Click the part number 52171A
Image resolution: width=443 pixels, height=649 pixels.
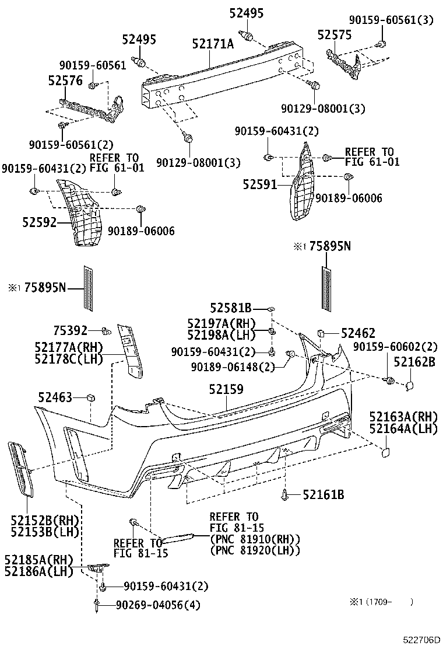coord(213,43)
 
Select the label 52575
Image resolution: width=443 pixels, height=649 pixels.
coord(335,35)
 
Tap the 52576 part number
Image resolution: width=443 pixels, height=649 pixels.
coord(65,82)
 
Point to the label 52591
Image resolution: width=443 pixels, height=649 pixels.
coord(261,184)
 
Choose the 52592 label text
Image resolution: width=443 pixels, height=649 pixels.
coord(40,222)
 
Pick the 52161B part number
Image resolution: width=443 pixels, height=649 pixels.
coord(323,496)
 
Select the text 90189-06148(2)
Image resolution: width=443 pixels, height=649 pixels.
coord(233,366)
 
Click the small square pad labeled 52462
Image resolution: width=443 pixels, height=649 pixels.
coord(322,333)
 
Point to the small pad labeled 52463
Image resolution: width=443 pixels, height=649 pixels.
coord(90,397)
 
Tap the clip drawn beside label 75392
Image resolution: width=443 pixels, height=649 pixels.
coord(107,331)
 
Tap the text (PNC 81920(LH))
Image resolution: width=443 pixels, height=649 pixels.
coord(255,550)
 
